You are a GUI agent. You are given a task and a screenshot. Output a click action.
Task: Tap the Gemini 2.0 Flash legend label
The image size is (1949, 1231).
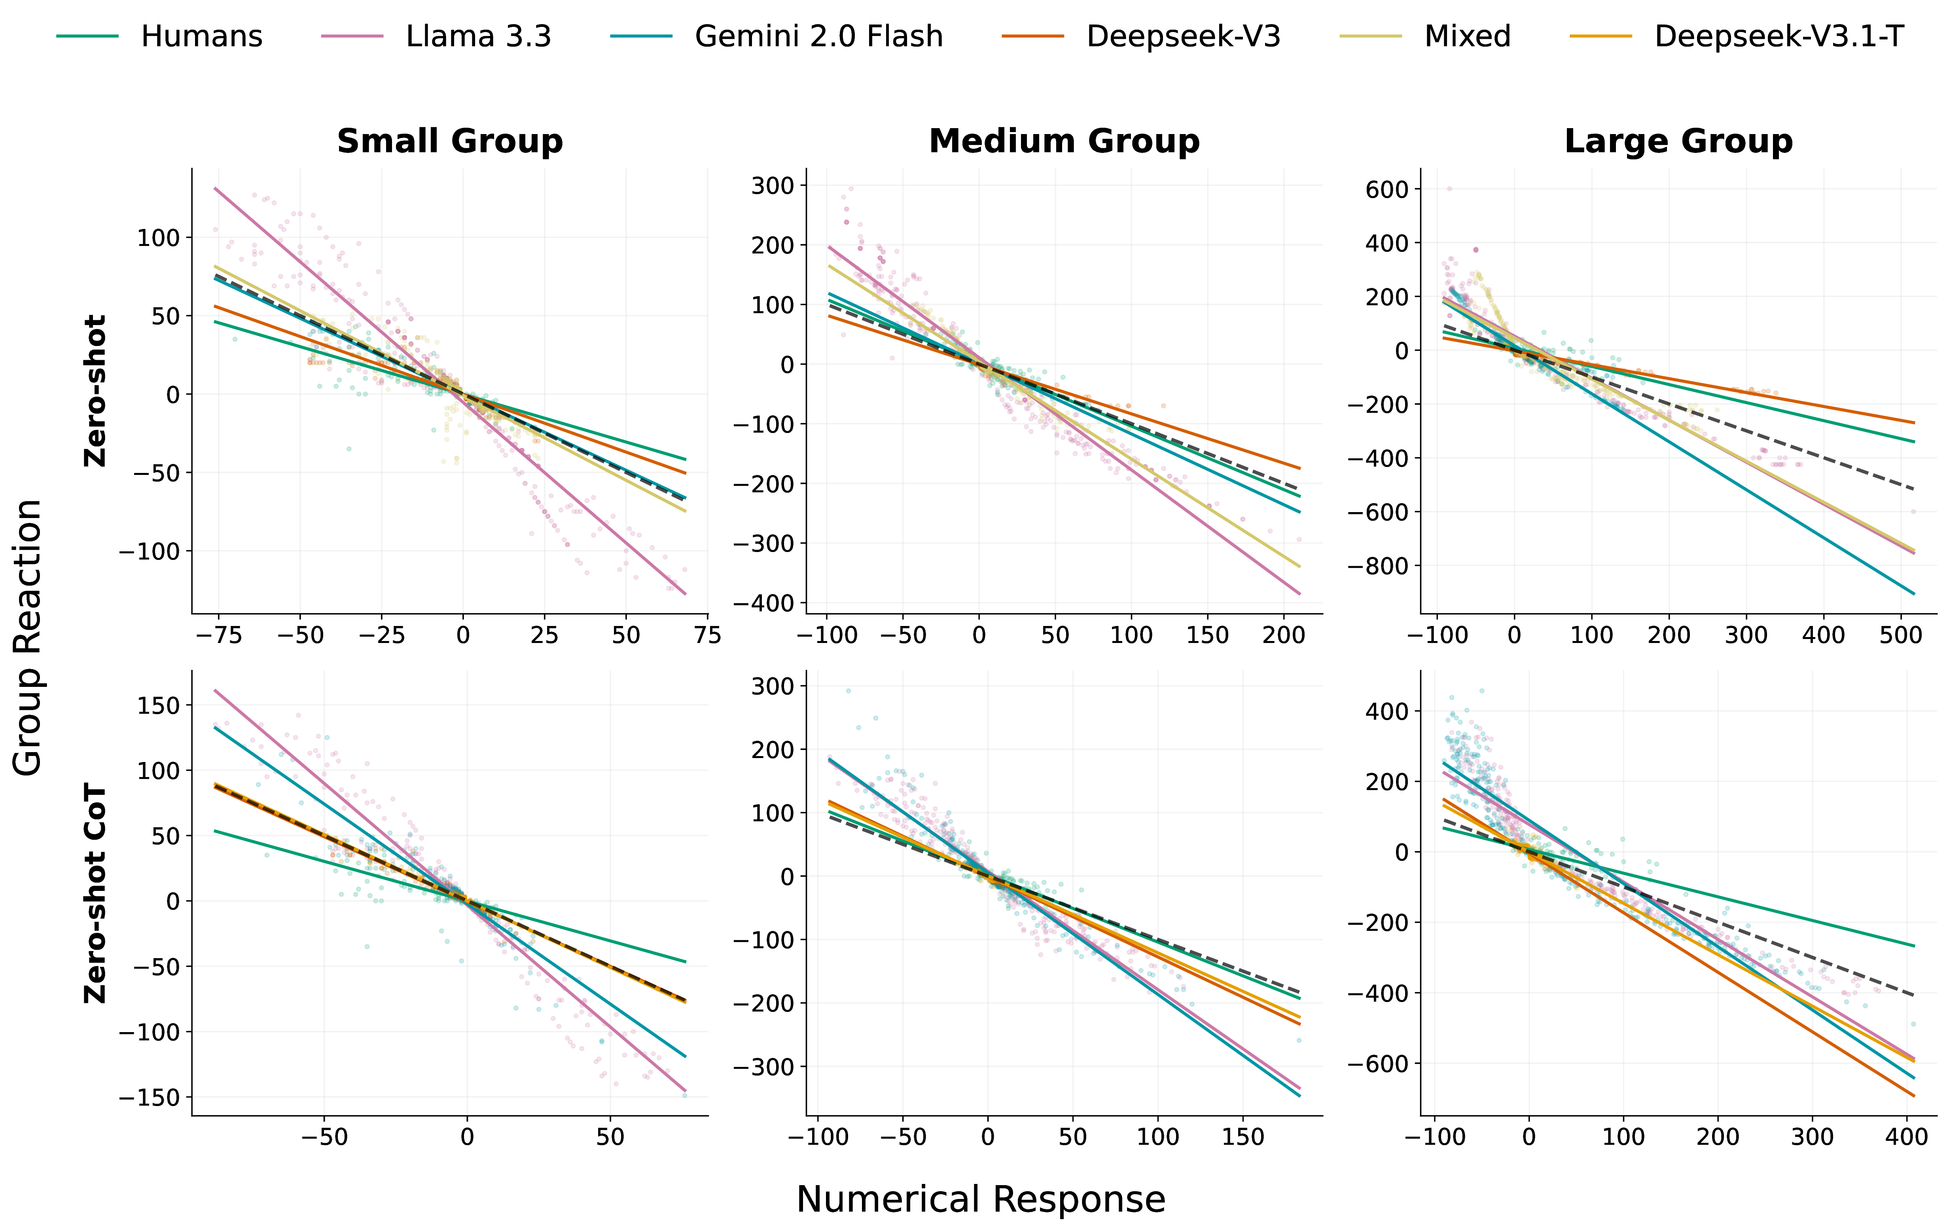coord(818,36)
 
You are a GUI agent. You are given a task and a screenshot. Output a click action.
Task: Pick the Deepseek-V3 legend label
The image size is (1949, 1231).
coord(1182,36)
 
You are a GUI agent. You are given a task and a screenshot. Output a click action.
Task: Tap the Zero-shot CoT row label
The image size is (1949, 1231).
coord(95,893)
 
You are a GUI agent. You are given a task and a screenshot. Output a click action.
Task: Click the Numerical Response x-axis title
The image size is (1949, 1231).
coord(980,1199)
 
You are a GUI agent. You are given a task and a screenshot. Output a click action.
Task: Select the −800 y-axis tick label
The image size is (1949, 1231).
coord(1377,566)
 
